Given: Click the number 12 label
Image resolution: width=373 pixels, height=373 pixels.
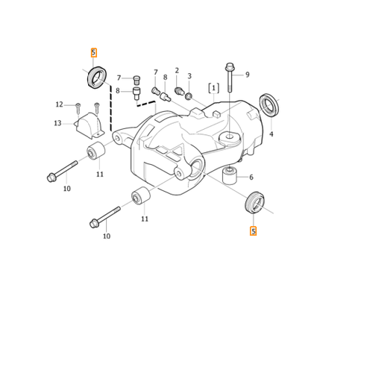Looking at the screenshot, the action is pos(59,104).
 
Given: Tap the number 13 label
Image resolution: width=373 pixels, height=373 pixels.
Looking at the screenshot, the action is pos(57,123).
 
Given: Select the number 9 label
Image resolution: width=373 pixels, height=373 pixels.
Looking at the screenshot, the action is pos(248,75).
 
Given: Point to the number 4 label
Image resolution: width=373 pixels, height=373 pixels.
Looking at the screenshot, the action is pos(272,134).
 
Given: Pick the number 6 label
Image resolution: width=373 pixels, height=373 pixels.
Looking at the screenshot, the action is pos(251,177).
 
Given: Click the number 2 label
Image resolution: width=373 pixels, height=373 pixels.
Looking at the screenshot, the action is pos(177,70).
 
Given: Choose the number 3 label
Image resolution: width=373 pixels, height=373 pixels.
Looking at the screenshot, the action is pos(189,76).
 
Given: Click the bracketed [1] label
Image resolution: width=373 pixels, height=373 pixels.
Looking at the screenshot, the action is pos(214,88).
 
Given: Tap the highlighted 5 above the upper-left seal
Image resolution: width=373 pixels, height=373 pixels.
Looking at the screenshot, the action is pos(94,52).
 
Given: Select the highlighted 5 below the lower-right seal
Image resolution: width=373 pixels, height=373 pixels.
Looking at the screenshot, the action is pos(253,231).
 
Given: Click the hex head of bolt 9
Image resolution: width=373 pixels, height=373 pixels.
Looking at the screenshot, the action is pos(230,66).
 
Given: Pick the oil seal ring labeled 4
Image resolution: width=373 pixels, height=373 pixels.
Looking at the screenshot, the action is pos(269,104).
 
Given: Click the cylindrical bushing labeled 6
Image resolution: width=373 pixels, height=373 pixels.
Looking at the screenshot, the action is pos(230,176).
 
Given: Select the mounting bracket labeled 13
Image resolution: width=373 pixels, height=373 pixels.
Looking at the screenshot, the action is pos(89,126).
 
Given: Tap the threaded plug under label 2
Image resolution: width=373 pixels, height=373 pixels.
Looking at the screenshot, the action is pos(178,91).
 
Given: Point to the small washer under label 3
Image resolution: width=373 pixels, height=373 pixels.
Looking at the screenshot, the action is pos(189,95).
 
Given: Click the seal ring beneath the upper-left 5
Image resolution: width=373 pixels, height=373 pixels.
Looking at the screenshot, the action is pos(97,77).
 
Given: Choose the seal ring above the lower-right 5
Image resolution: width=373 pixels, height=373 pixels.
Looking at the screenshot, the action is pos(254,202).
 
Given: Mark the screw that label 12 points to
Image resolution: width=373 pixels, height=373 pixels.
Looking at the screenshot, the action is pos(78,108).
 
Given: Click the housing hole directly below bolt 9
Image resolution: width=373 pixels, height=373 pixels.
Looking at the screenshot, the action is pos(230,137).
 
